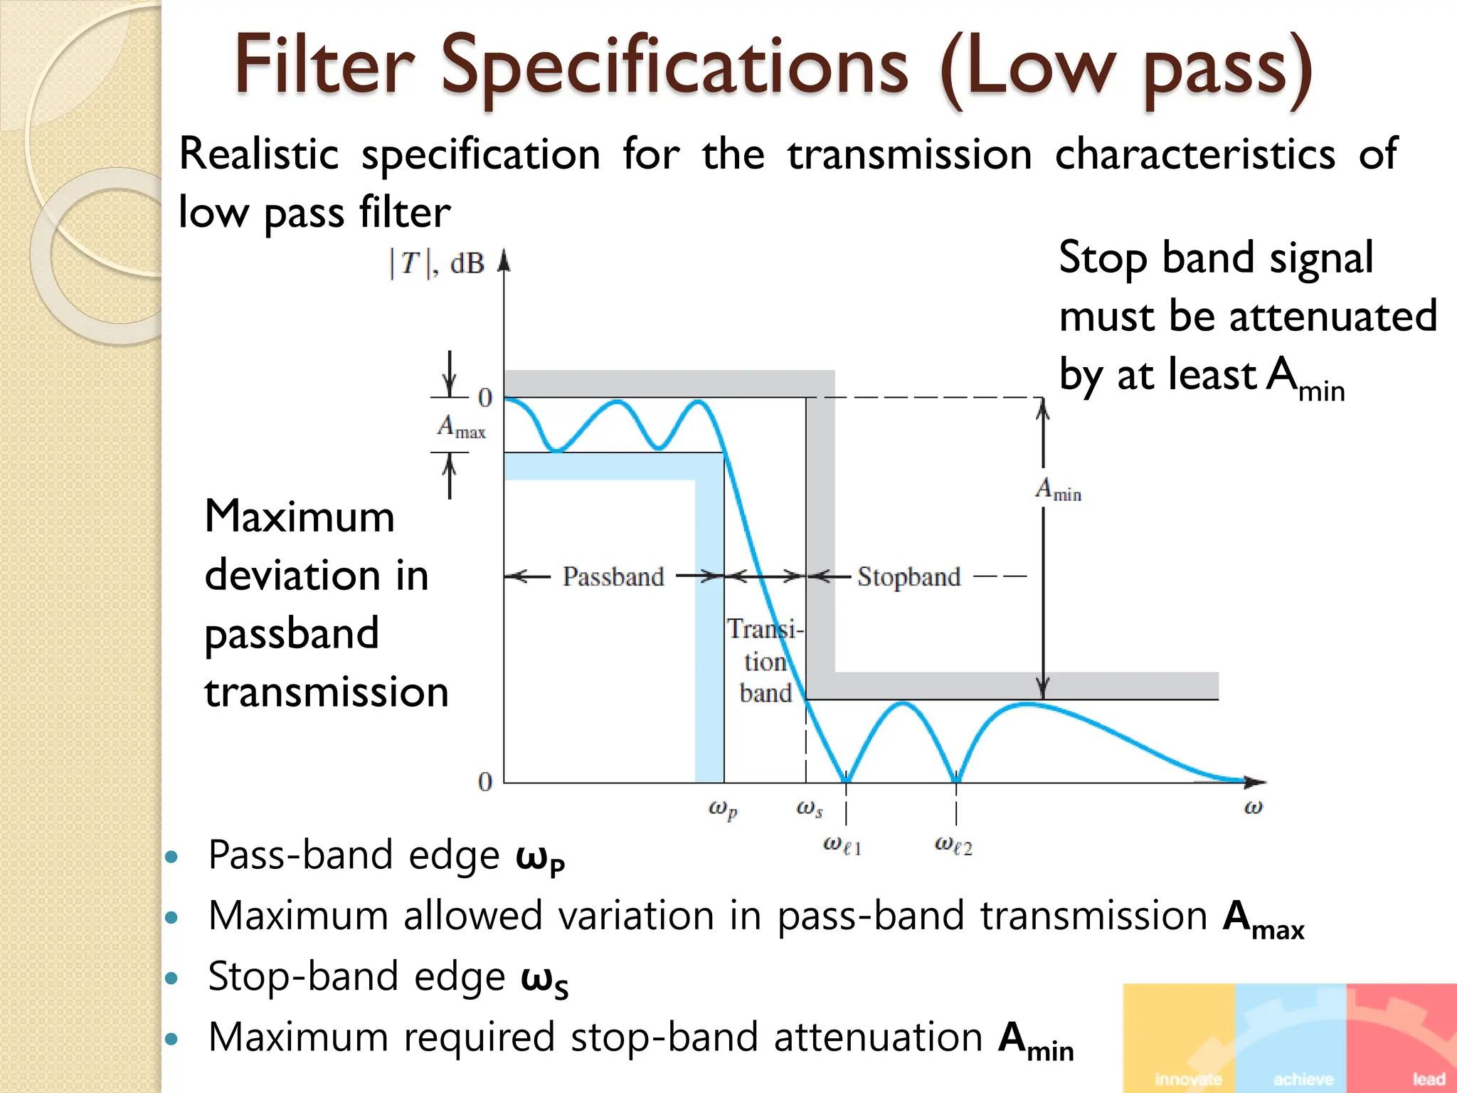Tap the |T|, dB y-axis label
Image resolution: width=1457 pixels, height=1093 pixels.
pos(436,264)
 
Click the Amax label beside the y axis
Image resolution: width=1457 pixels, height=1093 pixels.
pos(461,427)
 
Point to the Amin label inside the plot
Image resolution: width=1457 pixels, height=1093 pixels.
pos(1058,490)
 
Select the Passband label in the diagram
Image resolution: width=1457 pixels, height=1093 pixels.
pos(613,576)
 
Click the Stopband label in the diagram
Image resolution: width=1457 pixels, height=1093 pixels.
pos(908,576)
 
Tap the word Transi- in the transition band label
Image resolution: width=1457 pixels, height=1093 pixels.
pos(765,629)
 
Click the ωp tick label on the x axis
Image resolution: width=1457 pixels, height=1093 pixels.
pos(723,809)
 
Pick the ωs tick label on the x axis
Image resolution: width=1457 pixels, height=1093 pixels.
pos(810,808)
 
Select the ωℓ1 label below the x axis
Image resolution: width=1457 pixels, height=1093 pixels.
pos(842,845)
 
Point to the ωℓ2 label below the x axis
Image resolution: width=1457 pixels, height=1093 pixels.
pos(953,845)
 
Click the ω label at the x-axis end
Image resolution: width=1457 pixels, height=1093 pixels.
pos(1253,808)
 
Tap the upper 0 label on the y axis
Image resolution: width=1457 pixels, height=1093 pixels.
pos(485,398)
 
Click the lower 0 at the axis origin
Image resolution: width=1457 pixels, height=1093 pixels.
pos(485,782)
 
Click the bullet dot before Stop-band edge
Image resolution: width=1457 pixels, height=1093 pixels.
pos(171,978)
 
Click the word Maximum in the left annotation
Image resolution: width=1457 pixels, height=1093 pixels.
pos(300,517)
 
